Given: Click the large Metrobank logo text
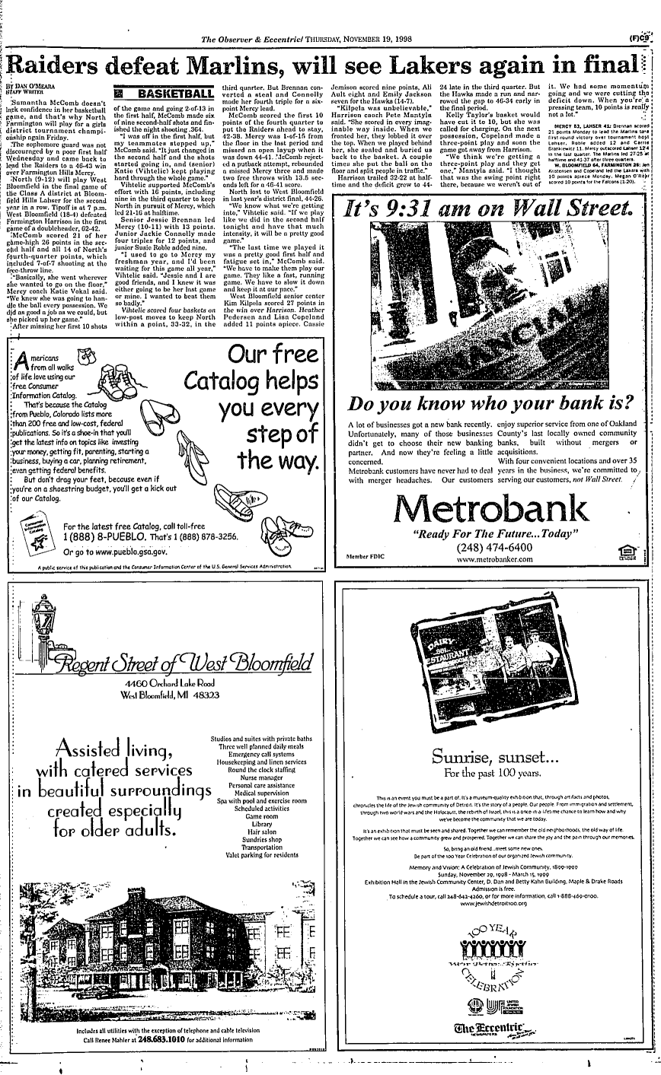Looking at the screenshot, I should coord(493,507).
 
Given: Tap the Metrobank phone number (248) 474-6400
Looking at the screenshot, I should coord(493,547).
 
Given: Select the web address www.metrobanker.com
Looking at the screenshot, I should coord(494,559).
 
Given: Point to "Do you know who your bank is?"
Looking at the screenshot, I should coord(490,401).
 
